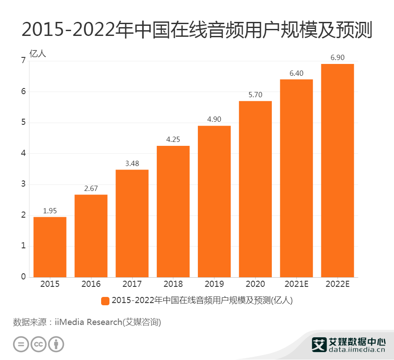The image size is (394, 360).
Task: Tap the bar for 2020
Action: coord(255,189)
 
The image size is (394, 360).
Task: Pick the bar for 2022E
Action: coord(337,170)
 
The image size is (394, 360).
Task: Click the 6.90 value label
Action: coord(337,57)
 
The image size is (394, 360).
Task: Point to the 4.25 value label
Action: coord(173,139)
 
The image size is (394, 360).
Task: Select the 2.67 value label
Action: coord(91,188)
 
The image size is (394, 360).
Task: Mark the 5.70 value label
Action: coord(255,95)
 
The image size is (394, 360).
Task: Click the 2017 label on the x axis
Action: coord(132,284)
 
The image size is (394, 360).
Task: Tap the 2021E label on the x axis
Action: coord(296,284)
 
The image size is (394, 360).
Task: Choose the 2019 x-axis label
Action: coord(214,284)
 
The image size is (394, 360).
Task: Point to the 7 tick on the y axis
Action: coord(23,61)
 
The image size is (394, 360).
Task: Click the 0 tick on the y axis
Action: coord(23,277)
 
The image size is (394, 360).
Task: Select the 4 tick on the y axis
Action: coord(23,153)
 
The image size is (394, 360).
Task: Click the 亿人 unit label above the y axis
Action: coord(37,53)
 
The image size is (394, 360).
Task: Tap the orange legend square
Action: coord(105,301)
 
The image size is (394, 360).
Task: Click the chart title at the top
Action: coord(197,30)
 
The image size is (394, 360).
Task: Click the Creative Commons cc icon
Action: coord(39,344)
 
